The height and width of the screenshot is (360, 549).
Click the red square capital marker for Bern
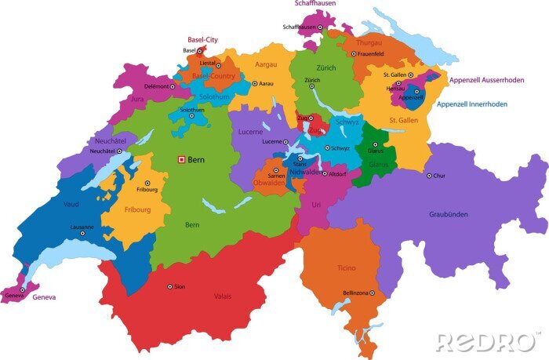tap(182, 159)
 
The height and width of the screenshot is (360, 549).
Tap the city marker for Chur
tap(430, 176)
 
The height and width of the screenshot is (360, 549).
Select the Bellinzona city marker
tap(373, 293)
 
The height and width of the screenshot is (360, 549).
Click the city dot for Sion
tap(169, 286)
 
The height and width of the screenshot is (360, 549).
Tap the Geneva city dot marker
tap(23, 289)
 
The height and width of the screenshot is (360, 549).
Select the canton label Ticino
tap(346, 268)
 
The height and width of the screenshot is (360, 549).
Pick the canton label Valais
tap(223, 296)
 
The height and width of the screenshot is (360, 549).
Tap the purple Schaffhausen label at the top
tap(314, 4)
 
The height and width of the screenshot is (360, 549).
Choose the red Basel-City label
tap(202, 39)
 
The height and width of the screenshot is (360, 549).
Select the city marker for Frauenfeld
tap(352, 53)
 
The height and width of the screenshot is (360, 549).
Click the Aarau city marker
tap(254, 83)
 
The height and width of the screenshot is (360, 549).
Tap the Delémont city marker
tap(173, 86)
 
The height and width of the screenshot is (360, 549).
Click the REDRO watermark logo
tap(486, 342)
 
